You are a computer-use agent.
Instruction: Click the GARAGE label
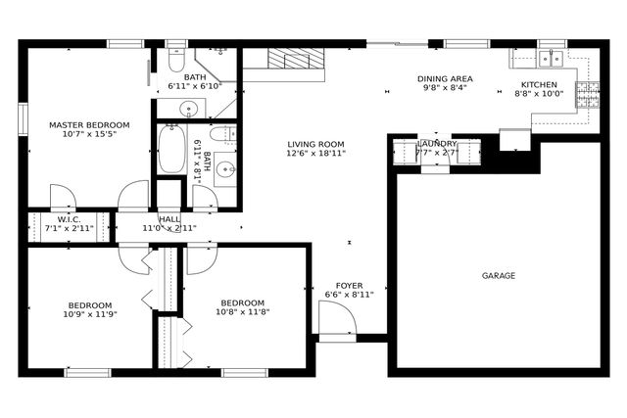[x=498, y=276]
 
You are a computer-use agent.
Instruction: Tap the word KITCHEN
[x=538, y=85]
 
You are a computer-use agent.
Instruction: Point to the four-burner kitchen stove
[x=587, y=94]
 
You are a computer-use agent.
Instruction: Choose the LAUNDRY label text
[x=436, y=143]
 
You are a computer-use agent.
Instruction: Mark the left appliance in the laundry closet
[x=406, y=154]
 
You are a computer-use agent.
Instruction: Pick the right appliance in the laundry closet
[x=468, y=154]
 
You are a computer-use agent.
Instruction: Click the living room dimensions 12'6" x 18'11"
[x=315, y=154]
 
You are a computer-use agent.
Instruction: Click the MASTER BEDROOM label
[x=89, y=125]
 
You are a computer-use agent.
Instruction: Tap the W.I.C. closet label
[x=68, y=218]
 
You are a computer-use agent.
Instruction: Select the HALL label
[x=169, y=218]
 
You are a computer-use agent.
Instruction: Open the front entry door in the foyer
[x=336, y=319]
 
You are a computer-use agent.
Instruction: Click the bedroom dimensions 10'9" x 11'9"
[x=89, y=315]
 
